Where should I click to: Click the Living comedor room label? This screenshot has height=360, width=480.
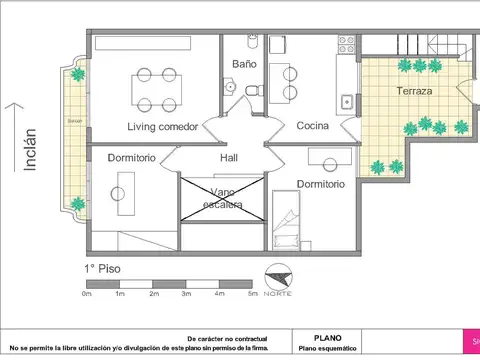click(x=161, y=127)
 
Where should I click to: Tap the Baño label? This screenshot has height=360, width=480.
click(x=245, y=64)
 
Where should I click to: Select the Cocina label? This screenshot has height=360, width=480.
click(x=314, y=126)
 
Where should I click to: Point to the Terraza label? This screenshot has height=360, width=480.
click(x=413, y=91)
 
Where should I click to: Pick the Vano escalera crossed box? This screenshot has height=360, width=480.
click(x=223, y=198)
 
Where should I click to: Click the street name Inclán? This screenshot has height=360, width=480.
click(x=29, y=150)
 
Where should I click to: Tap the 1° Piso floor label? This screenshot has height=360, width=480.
click(x=105, y=270)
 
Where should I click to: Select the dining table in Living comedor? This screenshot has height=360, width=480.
click(x=154, y=89)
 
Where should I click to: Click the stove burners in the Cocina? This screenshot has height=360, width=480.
click(x=347, y=45)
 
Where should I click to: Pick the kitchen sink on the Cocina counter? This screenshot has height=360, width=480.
click(x=346, y=101)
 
